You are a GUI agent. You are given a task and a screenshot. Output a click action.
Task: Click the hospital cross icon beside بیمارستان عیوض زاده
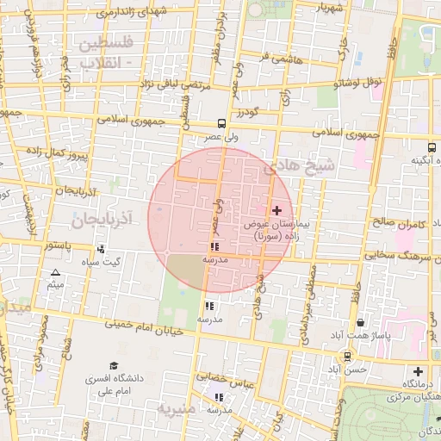(276, 210)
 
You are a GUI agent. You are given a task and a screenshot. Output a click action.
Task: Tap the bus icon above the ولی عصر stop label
(222, 123)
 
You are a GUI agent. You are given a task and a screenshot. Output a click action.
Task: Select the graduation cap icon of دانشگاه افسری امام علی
(114, 365)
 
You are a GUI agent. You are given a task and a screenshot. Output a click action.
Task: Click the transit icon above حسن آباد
(347, 356)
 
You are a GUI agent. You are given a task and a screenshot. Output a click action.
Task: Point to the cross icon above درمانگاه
(418, 371)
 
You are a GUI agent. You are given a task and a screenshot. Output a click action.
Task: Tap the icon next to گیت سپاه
(102, 249)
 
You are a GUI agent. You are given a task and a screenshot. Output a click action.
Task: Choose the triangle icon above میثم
(55, 272)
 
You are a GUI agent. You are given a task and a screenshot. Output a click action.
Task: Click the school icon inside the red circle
(214, 247)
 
